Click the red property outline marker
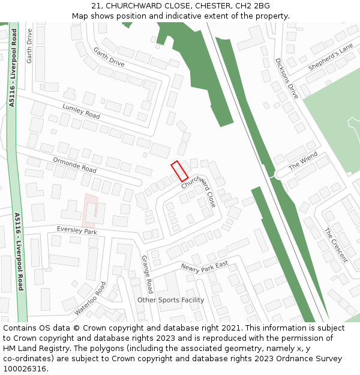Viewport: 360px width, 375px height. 179,171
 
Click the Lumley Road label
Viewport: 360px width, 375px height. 81,110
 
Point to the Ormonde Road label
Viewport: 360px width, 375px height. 74,165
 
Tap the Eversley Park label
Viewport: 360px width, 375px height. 77,231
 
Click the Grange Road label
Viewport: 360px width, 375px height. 148,274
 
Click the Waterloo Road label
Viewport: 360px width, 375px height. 91,298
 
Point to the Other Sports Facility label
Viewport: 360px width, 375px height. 170,300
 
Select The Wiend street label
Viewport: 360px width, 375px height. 303,161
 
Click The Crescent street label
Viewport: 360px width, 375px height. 335,245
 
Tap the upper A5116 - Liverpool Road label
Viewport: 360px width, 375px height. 13,69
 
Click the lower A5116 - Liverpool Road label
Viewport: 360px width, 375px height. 19,251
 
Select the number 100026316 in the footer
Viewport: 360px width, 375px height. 25,369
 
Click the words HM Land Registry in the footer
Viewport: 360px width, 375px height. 31,349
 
